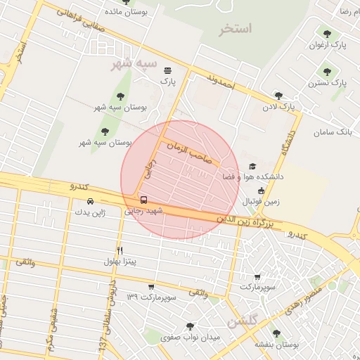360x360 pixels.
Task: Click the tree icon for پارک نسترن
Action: [327, 71]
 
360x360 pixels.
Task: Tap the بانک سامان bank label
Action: [332, 132]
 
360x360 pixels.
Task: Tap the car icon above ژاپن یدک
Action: [90, 201]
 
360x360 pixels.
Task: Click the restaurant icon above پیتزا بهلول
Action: [120, 250]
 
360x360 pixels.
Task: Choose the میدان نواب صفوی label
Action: [190, 337]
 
